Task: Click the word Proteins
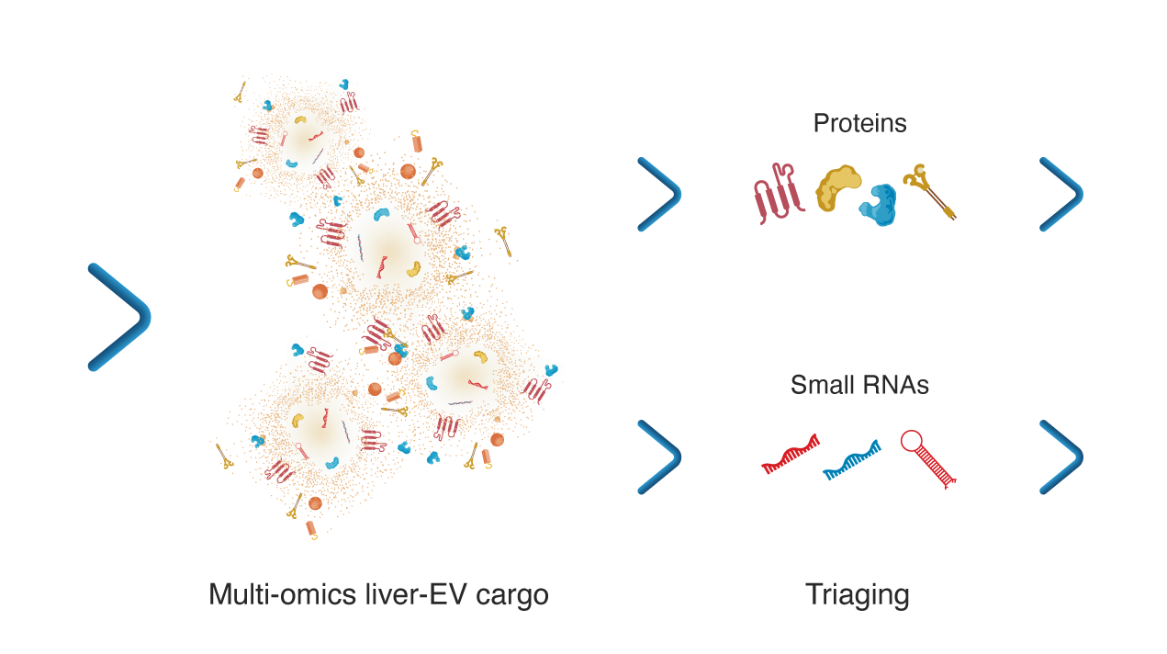tap(859, 123)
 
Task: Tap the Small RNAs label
tap(859, 385)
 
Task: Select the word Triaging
tap(858, 595)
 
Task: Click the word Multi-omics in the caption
tap(282, 594)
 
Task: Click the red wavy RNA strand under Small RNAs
tap(791, 455)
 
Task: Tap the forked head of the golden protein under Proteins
tap(917, 177)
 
